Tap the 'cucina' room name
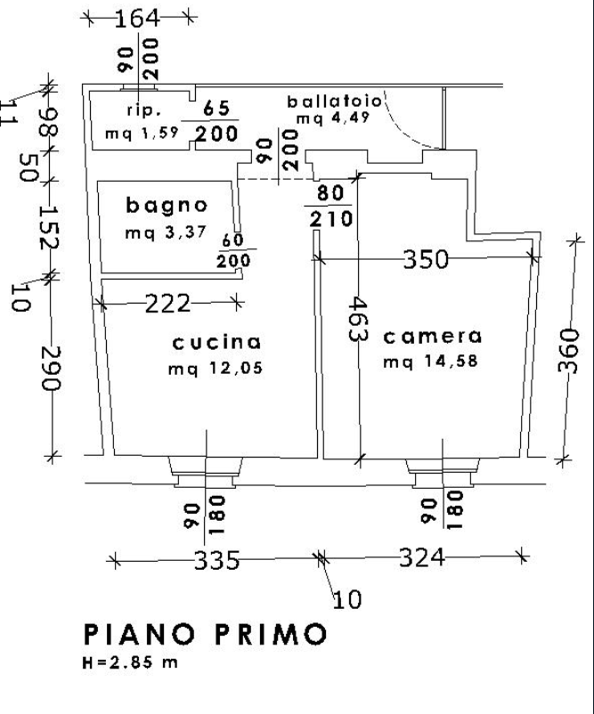coord(217,342)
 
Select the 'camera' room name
coord(431,337)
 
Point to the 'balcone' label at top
coord(335,101)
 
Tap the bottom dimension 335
coord(217,561)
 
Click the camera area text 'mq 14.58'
coord(431,362)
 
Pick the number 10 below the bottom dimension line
coord(350,598)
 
